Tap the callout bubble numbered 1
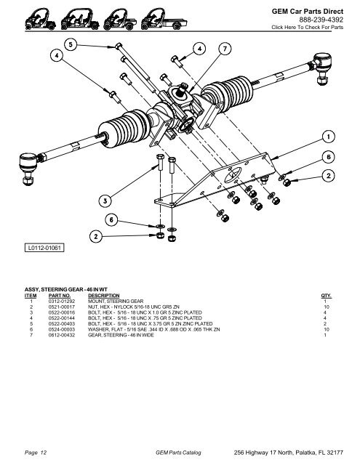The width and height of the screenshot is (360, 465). [x=329, y=137]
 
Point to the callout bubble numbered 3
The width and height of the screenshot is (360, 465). [x=105, y=200]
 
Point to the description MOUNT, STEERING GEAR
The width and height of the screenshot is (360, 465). [x=116, y=302]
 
